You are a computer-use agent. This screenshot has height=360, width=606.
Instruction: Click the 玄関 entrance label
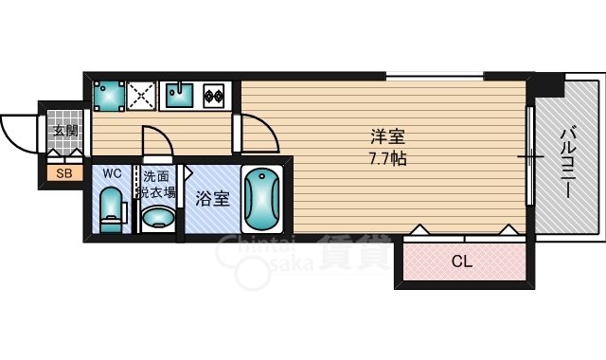(x=65, y=131)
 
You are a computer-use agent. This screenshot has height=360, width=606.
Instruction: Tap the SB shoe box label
(x=64, y=173)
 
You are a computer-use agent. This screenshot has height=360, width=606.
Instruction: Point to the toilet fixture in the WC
(x=111, y=208)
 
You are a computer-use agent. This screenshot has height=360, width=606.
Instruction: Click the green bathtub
(x=261, y=201)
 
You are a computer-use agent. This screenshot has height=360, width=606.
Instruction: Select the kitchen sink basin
(x=178, y=94)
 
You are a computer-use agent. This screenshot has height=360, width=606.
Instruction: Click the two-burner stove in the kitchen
(x=213, y=94)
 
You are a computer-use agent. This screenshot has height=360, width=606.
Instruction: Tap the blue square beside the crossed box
(x=109, y=94)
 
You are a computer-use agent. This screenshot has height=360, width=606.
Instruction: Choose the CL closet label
(x=461, y=261)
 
